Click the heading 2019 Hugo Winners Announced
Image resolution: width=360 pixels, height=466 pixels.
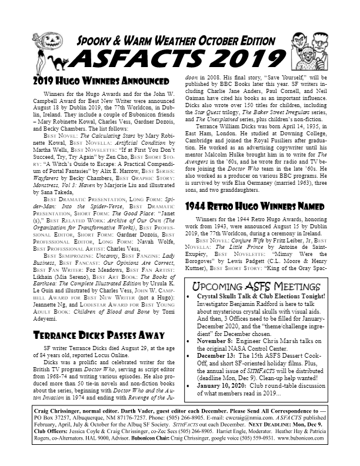point(89,80)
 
